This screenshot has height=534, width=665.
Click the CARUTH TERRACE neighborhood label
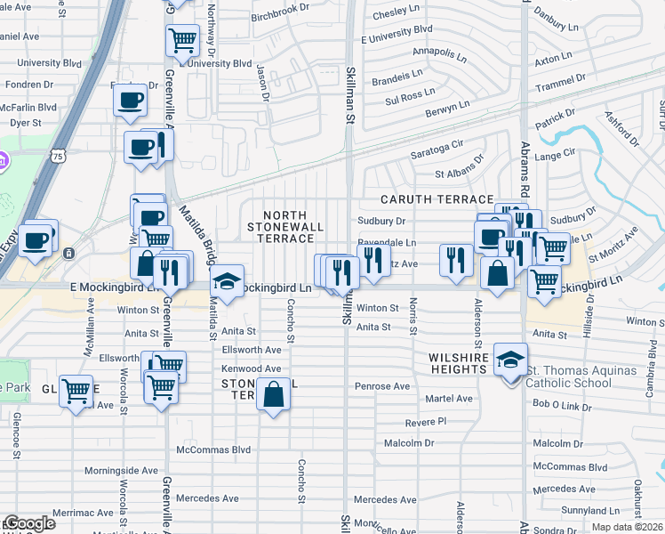coord(437,199)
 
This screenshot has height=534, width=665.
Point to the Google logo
coord(28,523)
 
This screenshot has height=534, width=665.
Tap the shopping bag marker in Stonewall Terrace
coord(273,394)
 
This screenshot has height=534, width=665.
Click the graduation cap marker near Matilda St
coord(228,284)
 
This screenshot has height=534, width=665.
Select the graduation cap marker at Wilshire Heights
coord(511,360)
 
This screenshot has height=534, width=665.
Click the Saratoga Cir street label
coord(437,142)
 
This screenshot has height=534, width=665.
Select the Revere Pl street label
coord(425,421)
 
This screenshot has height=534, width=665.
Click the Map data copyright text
coord(627,527)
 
